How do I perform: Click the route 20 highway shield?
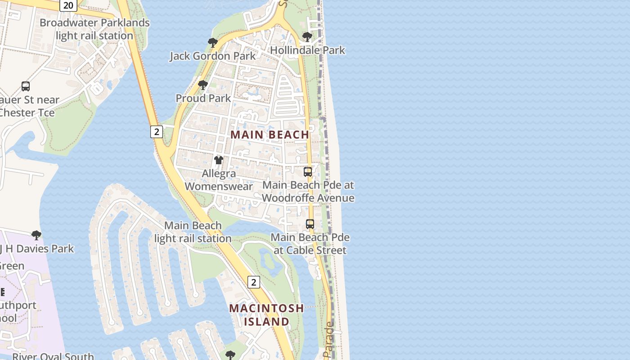coord(68,5)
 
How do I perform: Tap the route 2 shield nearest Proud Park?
coord(156,132)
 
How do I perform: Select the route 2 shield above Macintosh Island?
coord(254,282)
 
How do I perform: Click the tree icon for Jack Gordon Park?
coord(213,43)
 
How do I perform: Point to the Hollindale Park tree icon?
coord(307,36)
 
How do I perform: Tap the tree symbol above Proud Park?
coord(203,85)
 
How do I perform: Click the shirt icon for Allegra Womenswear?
coord(219,160)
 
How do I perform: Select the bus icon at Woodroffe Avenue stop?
coord(308,171)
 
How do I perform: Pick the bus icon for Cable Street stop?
coord(310,224)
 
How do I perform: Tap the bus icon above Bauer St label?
coord(26,86)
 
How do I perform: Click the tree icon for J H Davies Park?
coord(36,235)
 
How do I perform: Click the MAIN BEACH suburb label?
coord(270,135)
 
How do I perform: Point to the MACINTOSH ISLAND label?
coord(266,315)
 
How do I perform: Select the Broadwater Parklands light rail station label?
coord(94,29)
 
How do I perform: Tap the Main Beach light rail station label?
coord(193,232)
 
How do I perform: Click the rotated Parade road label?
coord(329,340)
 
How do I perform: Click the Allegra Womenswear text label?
coord(219,180)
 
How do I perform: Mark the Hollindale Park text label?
coord(307,50)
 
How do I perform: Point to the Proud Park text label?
coord(203,98)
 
